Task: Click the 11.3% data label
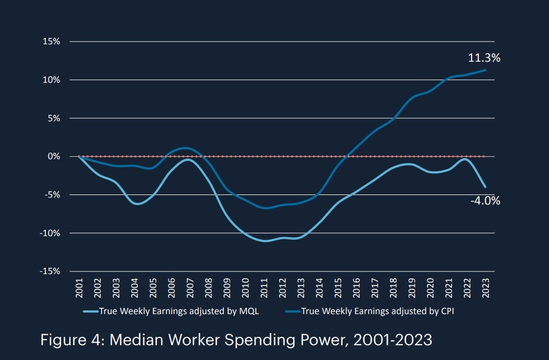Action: pyautogui.click(x=484, y=58)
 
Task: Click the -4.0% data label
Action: pyautogui.click(x=485, y=200)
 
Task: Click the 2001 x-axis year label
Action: pyautogui.click(x=79, y=288)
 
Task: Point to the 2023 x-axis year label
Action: pyautogui.click(x=485, y=288)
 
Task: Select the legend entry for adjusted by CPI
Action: pyautogui.click(x=377, y=311)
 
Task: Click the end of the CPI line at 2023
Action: pyautogui.click(x=485, y=70)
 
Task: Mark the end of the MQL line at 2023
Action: pyautogui.click(x=485, y=187)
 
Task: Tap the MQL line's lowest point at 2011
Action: pyautogui.click(x=264, y=241)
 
